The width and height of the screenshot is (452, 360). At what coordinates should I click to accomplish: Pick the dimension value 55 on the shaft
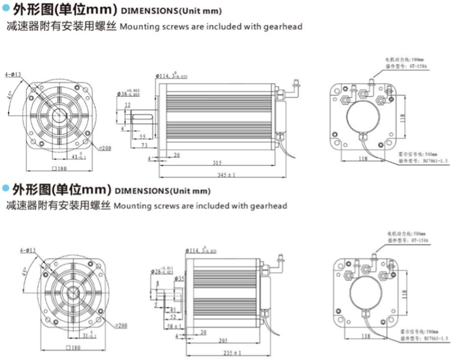[x=140, y=136]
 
